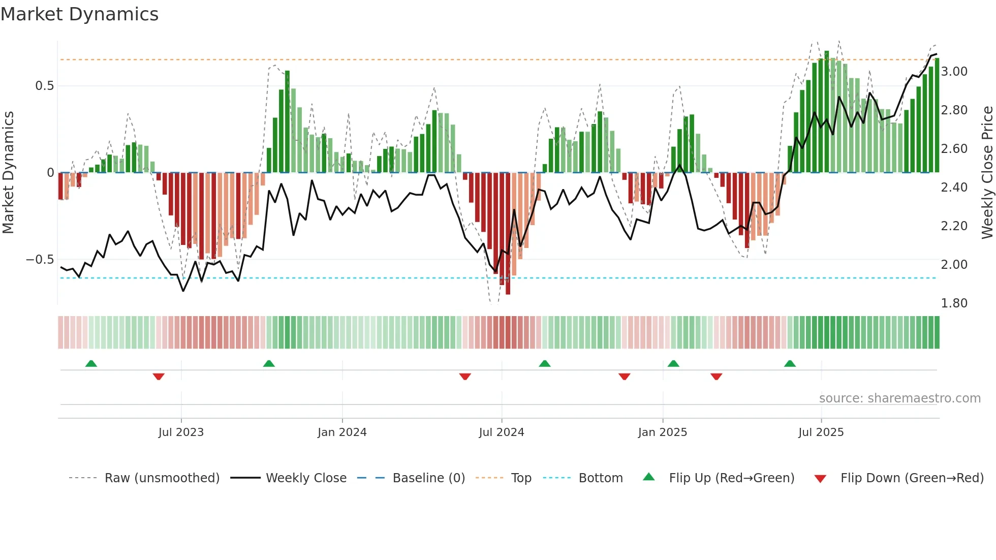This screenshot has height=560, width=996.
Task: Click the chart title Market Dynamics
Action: point(79,14)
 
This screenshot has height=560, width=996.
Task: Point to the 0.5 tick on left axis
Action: point(44,86)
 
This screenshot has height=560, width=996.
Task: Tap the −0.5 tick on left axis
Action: point(40,260)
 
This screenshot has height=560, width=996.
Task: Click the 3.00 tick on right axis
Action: point(954,72)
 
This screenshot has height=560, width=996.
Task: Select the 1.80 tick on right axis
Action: point(954,303)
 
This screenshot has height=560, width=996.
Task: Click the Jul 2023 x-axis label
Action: point(181,432)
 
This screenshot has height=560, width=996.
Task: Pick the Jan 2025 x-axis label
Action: point(662,432)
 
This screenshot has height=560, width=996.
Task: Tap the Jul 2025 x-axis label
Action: point(821,432)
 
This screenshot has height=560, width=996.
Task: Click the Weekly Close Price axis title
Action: point(987,172)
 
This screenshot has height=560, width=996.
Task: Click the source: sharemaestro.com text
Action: point(899,398)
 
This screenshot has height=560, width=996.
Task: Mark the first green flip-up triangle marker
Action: point(91,364)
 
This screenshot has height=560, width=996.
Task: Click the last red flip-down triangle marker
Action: point(717,377)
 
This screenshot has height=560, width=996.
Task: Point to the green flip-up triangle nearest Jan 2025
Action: point(673,364)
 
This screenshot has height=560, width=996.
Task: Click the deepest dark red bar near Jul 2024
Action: point(508,234)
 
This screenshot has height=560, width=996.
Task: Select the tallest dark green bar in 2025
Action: point(827,112)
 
